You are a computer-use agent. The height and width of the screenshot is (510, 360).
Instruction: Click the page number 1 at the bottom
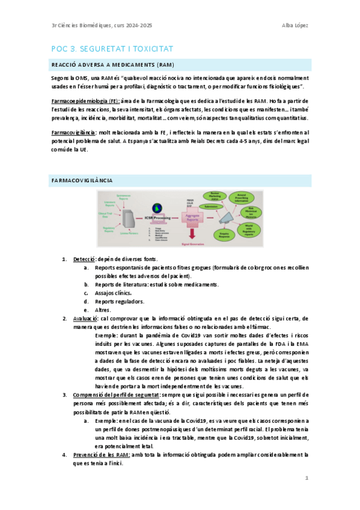pos(307,478)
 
